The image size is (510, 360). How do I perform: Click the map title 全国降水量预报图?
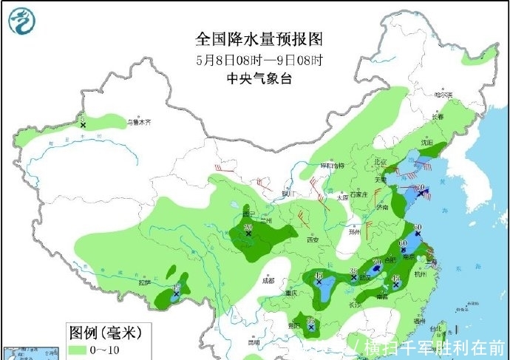(258, 38)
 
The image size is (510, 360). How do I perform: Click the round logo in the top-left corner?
(22, 20)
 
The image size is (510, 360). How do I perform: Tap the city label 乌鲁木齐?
(138, 122)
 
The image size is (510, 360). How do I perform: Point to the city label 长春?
(438, 117)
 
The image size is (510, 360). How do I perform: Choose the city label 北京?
(381, 162)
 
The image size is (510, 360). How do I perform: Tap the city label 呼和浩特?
(332, 166)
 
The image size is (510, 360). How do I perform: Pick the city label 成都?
(267, 280)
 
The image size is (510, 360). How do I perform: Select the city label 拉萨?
(143, 282)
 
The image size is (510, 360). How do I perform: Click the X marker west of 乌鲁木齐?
(83, 126)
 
